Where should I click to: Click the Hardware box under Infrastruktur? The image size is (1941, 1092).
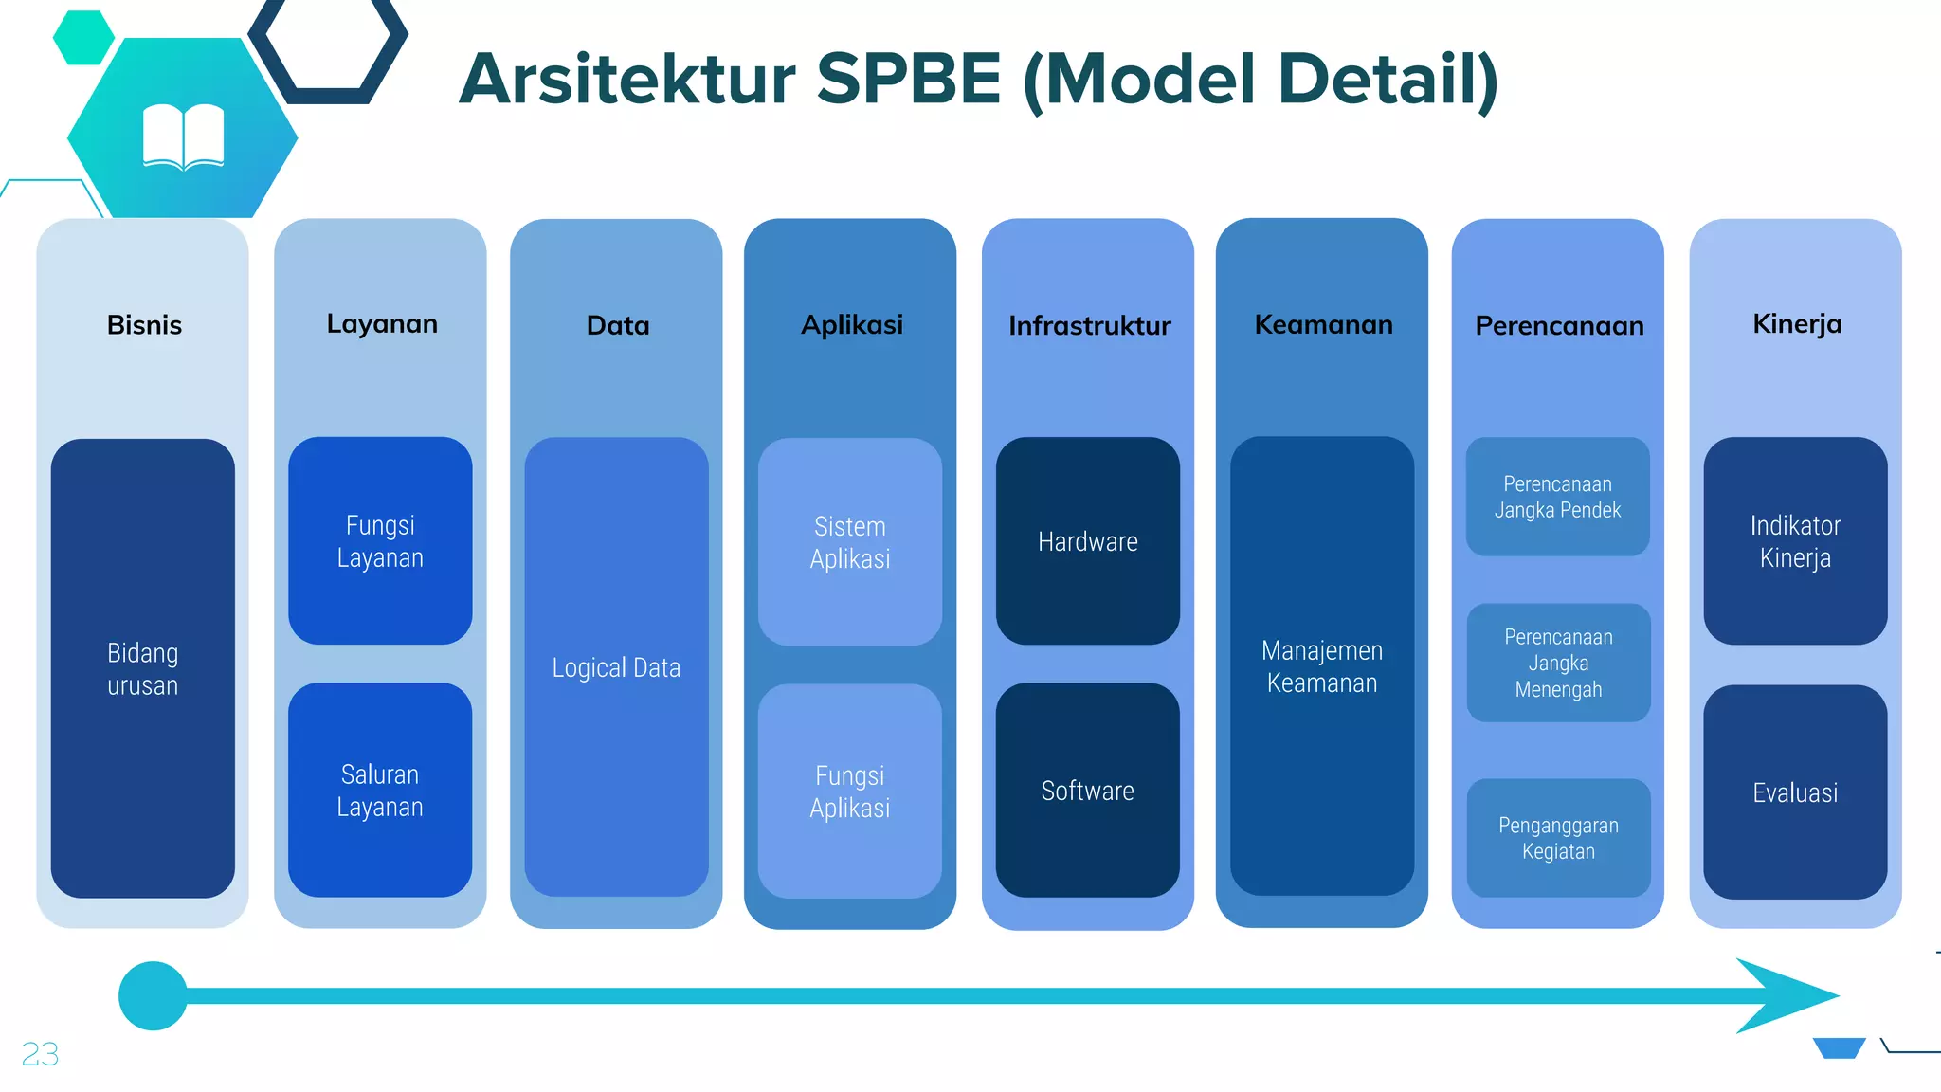(x=1087, y=541)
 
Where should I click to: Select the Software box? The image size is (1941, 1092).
(x=1087, y=790)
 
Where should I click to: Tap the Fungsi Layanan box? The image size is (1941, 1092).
(x=380, y=541)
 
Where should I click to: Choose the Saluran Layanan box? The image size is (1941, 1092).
(x=380, y=790)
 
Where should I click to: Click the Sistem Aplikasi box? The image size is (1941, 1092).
(x=850, y=542)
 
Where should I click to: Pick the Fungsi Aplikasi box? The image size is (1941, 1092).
(x=850, y=791)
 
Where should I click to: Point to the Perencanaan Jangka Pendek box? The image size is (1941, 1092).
(x=1557, y=497)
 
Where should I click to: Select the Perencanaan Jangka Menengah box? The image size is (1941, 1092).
(x=1558, y=663)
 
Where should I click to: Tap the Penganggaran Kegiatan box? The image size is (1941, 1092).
(x=1558, y=838)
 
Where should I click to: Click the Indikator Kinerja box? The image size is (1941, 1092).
(x=1795, y=541)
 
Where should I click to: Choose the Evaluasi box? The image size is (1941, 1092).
(x=1795, y=792)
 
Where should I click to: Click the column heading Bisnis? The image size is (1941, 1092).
(x=144, y=325)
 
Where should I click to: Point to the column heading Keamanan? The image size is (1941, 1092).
(x=1323, y=325)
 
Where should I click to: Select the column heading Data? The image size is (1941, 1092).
(x=618, y=326)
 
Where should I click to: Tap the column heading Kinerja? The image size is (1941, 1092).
(x=1797, y=324)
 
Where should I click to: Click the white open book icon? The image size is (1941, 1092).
(x=183, y=137)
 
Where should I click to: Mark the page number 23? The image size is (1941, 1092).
(x=40, y=1054)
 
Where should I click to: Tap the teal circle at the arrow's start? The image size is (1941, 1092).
(x=153, y=995)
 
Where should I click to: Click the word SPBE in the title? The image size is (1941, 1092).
(x=908, y=80)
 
